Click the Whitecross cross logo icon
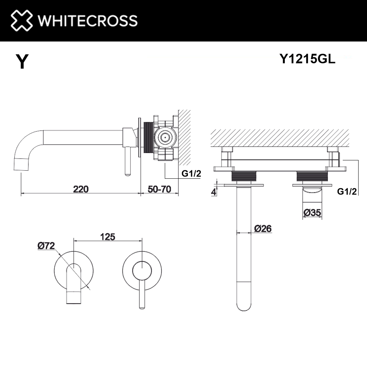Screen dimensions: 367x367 click(22, 20)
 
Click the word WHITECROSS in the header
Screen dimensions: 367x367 click(88, 21)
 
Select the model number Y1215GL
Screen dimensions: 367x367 click(307, 58)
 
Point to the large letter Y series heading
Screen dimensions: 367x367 click(22, 61)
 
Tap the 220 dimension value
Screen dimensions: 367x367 click(81, 189)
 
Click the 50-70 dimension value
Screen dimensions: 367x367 click(159, 189)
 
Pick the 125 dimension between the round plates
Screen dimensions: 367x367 click(108, 237)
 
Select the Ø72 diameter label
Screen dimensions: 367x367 click(46, 246)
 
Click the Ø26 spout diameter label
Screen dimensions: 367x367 click(263, 228)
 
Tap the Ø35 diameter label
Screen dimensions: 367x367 click(312, 212)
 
